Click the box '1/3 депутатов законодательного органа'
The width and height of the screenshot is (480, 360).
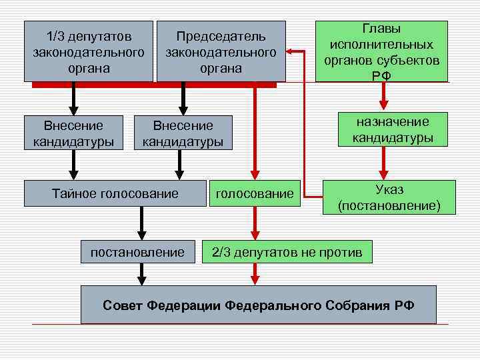89,51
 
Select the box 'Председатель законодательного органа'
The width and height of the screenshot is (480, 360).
221,51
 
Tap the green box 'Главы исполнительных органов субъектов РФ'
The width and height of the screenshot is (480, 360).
383,51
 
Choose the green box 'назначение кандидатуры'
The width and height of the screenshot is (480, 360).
383,129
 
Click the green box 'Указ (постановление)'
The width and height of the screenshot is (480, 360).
389,197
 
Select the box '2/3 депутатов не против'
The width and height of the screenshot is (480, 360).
287,252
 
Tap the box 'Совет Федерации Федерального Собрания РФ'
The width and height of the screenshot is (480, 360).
258,305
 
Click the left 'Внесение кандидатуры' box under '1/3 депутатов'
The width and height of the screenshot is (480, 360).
73,133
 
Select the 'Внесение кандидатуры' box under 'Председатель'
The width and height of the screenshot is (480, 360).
183,133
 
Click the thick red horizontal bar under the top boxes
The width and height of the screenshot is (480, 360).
153,85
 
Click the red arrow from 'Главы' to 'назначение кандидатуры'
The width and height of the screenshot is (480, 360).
383,96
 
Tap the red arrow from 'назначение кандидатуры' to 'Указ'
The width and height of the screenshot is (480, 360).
383,163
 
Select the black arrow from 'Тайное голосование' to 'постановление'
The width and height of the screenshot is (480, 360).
141,223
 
